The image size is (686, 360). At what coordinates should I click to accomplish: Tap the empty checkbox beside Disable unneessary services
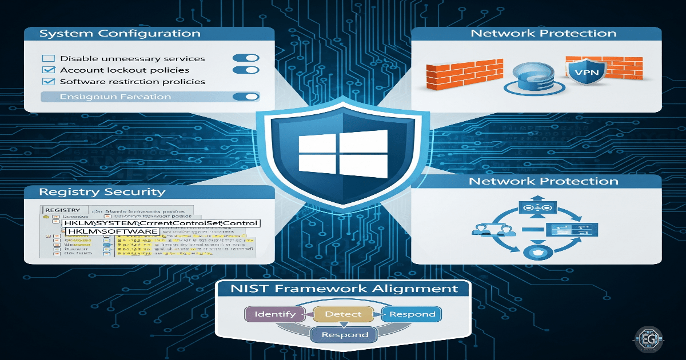pos(49,58)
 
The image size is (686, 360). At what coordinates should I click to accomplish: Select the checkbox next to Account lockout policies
pos(49,70)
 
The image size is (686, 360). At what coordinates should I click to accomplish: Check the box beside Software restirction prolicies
pos(49,82)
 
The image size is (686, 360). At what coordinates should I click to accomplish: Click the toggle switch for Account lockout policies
pos(246,70)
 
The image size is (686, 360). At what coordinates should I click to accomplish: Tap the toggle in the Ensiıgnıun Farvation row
pos(246,97)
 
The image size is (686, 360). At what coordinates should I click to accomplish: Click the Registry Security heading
pos(102,192)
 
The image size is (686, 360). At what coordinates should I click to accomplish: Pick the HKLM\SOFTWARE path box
pos(111,231)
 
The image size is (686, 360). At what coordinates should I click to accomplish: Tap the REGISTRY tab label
pos(63,210)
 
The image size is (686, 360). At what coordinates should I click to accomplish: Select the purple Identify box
pos(275,314)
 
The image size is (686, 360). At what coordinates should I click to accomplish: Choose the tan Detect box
pos(343,314)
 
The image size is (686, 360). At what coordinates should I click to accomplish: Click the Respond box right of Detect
pos(412,314)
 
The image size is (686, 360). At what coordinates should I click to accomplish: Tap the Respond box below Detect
pos(344,335)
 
